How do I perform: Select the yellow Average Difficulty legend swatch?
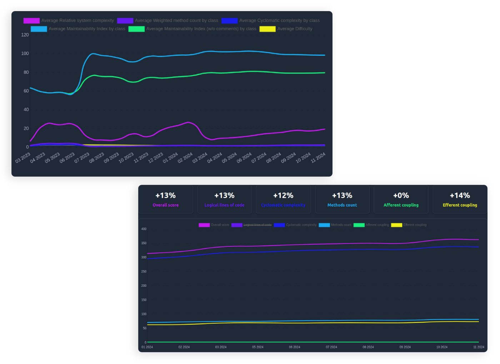267,29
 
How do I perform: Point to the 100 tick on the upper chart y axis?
25,54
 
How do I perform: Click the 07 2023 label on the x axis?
82,158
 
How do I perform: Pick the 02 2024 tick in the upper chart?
185,158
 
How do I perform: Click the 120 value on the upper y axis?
25,35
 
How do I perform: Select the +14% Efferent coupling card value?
460,196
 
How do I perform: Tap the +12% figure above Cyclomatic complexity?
283,196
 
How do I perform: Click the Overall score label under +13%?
166,205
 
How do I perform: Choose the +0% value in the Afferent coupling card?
401,196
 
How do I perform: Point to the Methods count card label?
342,205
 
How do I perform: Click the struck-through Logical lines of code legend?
257,225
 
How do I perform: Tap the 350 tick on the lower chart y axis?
144,243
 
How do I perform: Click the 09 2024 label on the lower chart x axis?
405,347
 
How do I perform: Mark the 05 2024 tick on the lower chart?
257,347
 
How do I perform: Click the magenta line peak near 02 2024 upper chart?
188,122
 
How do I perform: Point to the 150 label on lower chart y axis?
144,300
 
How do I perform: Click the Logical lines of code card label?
224,205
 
